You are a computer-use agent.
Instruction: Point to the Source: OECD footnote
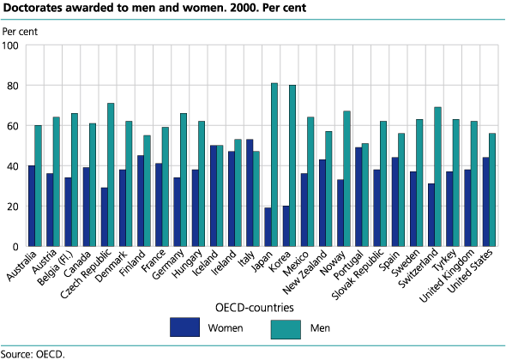(33, 352)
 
